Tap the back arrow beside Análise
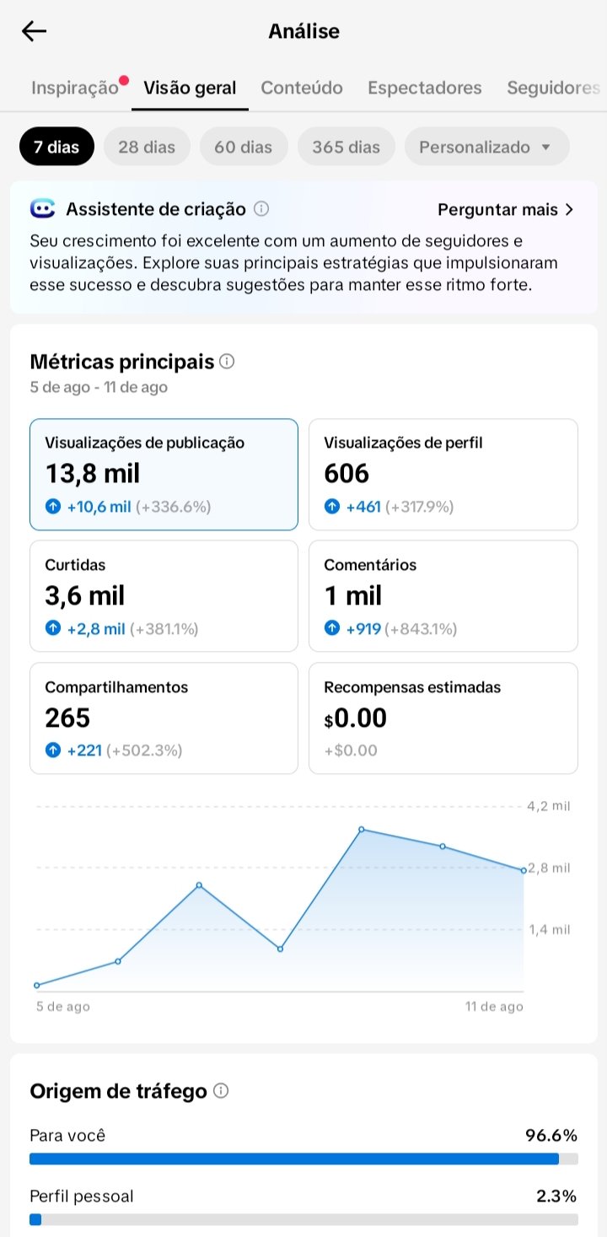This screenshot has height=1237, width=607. pos(34,31)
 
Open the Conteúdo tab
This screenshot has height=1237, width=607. pos(302,88)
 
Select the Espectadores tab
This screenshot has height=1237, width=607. pos(425,88)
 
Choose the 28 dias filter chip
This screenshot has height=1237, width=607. pos(147,147)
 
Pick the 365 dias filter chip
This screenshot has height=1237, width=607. pos(346,147)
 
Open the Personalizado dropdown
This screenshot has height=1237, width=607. pos(486,147)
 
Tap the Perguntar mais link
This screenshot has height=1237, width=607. pos(505,210)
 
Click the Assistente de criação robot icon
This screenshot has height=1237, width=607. pos(42,209)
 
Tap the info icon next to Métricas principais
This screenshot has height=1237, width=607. pos(227,361)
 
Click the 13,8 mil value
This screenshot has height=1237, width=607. pos(92,473)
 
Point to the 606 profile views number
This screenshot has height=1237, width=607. pos(346,473)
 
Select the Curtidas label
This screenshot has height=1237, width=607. pos(75,565)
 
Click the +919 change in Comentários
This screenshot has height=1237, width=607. pos(363,629)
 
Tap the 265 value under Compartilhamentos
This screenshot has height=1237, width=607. pos(67,718)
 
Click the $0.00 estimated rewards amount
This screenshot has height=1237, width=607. pos(355,718)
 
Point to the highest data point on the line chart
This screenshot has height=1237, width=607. pos(361,830)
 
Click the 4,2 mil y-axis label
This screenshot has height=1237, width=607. pos(548,806)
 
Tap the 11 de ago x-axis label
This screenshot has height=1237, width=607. pos(494,1007)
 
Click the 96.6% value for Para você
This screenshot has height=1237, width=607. pos(551,1135)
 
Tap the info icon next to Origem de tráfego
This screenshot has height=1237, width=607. pos(221,1090)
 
